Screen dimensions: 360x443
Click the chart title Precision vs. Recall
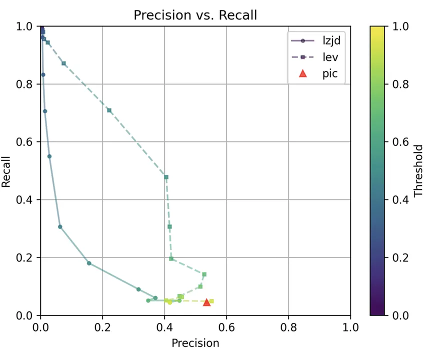point(195,15)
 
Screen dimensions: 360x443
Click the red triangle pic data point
point(207,301)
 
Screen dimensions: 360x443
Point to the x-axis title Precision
point(195,343)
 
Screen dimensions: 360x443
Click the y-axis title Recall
point(6,171)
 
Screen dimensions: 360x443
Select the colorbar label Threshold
point(419,171)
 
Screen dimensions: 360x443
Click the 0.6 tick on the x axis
point(226,327)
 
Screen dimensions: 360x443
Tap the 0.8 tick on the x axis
point(288,327)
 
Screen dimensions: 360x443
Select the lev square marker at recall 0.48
point(166,177)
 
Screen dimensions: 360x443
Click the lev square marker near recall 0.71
point(109,110)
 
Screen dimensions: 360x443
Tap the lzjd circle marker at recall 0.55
point(49,156)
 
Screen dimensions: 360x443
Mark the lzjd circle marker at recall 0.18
point(89,263)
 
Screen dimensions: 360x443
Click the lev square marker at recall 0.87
point(63,63)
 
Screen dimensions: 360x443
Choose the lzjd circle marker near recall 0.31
point(60,226)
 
